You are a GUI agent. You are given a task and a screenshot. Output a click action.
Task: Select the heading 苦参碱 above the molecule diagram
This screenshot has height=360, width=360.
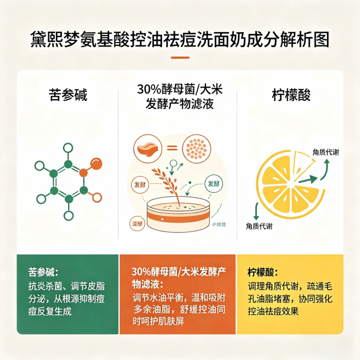68,95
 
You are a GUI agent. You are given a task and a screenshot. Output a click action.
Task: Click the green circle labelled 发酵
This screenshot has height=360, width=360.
214,183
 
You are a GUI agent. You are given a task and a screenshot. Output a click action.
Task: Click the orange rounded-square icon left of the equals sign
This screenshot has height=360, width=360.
145,148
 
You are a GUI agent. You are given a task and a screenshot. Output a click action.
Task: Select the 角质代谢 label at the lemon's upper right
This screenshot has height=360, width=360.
325,152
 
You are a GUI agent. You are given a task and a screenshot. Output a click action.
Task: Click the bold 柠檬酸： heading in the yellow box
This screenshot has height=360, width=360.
263,273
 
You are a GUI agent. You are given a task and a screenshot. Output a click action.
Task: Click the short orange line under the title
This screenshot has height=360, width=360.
180,57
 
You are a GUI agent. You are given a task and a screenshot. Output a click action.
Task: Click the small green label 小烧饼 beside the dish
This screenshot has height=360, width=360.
219,225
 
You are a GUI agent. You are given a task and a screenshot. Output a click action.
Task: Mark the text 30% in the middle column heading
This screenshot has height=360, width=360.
148,89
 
